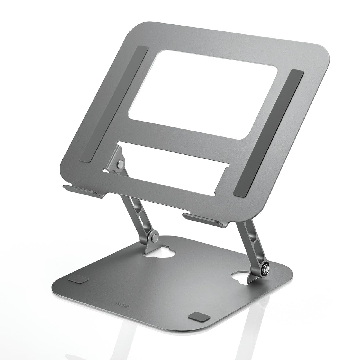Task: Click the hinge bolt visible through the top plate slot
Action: point(120,163)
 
